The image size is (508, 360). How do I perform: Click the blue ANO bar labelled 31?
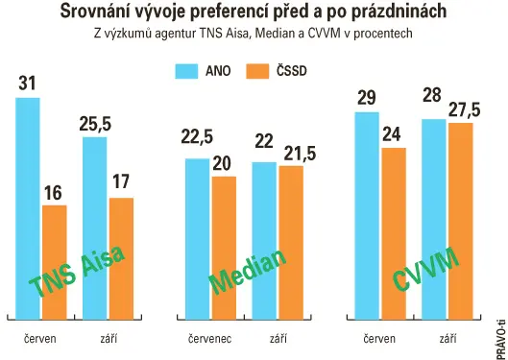[x=28, y=208]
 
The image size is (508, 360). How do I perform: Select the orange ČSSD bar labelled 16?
[x=55, y=262]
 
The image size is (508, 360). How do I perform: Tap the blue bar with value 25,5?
[x=95, y=228]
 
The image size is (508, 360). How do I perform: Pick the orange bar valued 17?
[x=121, y=258]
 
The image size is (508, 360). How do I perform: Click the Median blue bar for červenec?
[x=197, y=239]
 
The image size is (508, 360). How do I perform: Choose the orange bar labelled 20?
[x=224, y=248]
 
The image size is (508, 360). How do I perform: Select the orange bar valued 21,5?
[x=291, y=243]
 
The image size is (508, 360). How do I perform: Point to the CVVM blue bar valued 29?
[x=367, y=216]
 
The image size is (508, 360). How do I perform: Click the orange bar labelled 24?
[x=394, y=233]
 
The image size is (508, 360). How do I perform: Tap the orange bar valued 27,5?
[x=461, y=222]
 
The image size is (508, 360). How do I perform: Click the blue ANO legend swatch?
[x=186, y=71]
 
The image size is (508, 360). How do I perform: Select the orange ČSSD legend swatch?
[x=257, y=71]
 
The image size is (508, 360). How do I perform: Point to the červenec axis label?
[x=210, y=339]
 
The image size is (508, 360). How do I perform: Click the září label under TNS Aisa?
[x=109, y=339]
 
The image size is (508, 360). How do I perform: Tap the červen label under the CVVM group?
[x=379, y=339]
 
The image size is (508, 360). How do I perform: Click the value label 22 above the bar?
[x=264, y=141]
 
